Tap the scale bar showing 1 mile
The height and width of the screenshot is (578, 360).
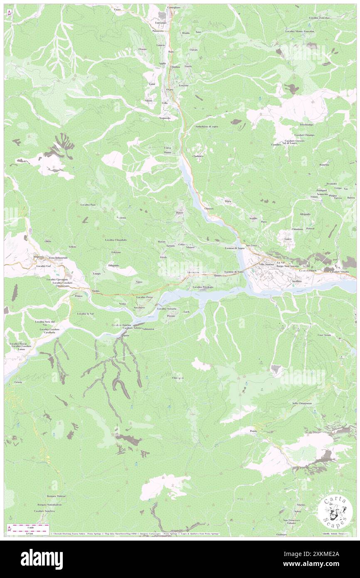27,527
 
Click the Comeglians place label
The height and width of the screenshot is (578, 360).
173,7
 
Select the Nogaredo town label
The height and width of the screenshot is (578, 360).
165,118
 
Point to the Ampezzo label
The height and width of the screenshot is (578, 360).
39,257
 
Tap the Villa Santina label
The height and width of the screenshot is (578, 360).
267,264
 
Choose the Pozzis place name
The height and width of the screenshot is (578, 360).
254,431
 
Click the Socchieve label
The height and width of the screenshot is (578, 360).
139,307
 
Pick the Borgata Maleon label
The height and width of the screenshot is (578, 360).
55,496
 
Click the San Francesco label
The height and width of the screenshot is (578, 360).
291,520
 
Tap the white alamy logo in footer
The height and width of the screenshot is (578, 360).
42,559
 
